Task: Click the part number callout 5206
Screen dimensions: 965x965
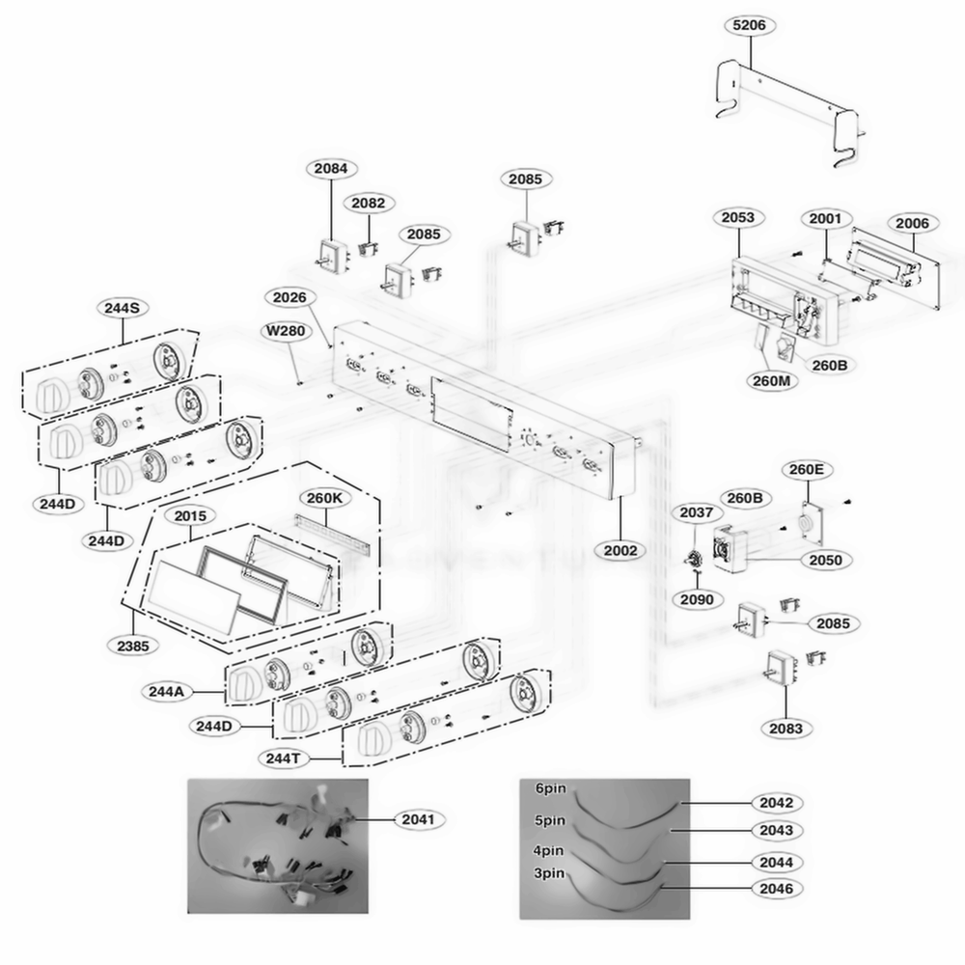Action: click(752, 25)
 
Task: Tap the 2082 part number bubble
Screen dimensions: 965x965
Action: click(368, 203)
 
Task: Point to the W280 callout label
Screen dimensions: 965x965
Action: click(287, 331)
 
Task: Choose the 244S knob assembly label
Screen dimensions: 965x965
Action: click(123, 308)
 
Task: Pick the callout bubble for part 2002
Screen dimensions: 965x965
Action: click(620, 550)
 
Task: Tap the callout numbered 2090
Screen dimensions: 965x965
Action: click(696, 599)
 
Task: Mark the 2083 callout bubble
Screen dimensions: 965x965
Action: click(786, 729)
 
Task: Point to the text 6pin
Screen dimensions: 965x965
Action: click(551, 788)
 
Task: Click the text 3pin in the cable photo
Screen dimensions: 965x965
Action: click(551, 872)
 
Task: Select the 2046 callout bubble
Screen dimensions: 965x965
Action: click(776, 887)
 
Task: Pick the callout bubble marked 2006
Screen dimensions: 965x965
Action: click(911, 223)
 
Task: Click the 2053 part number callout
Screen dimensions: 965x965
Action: click(738, 217)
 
